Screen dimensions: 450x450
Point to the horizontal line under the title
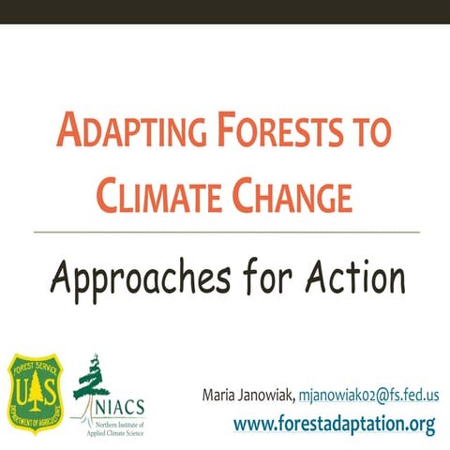(x=225, y=231)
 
